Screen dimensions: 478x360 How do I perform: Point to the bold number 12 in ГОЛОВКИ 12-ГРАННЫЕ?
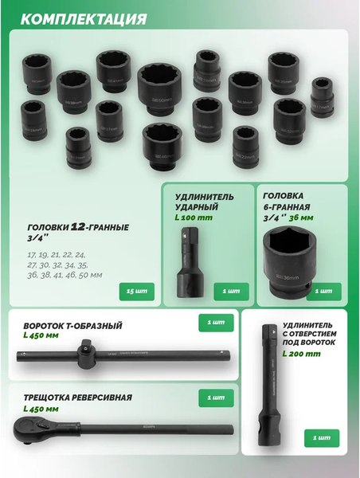tap(78, 227)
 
